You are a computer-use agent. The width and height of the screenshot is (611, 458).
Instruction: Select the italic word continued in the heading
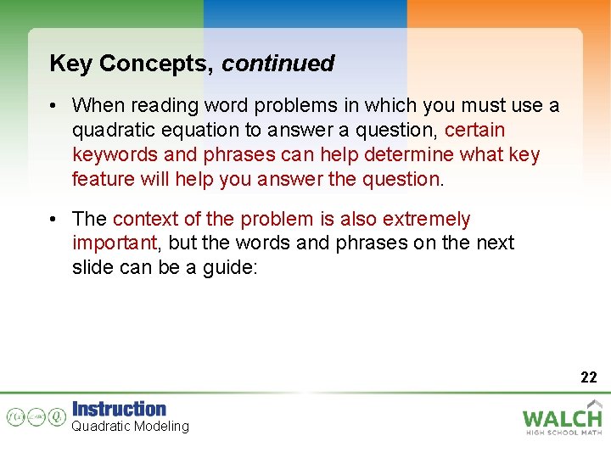point(278,64)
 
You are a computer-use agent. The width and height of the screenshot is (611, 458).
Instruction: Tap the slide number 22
point(589,377)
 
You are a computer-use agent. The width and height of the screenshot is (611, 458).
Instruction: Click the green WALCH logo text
point(562,418)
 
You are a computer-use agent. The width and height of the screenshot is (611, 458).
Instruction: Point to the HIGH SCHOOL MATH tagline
point(562,433)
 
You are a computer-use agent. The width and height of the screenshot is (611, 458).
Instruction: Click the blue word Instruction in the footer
point(119,409)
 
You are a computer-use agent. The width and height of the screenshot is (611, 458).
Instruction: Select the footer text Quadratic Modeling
point(130,427)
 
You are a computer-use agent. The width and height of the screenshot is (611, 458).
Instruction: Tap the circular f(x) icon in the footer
point(15,416)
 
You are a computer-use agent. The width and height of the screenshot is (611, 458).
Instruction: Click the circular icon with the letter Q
point(57,416)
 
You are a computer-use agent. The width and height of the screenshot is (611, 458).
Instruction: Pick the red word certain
point(475,131)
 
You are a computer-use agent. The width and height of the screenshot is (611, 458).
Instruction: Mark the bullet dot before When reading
point(53,106)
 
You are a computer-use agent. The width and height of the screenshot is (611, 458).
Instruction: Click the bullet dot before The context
point(53,220)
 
